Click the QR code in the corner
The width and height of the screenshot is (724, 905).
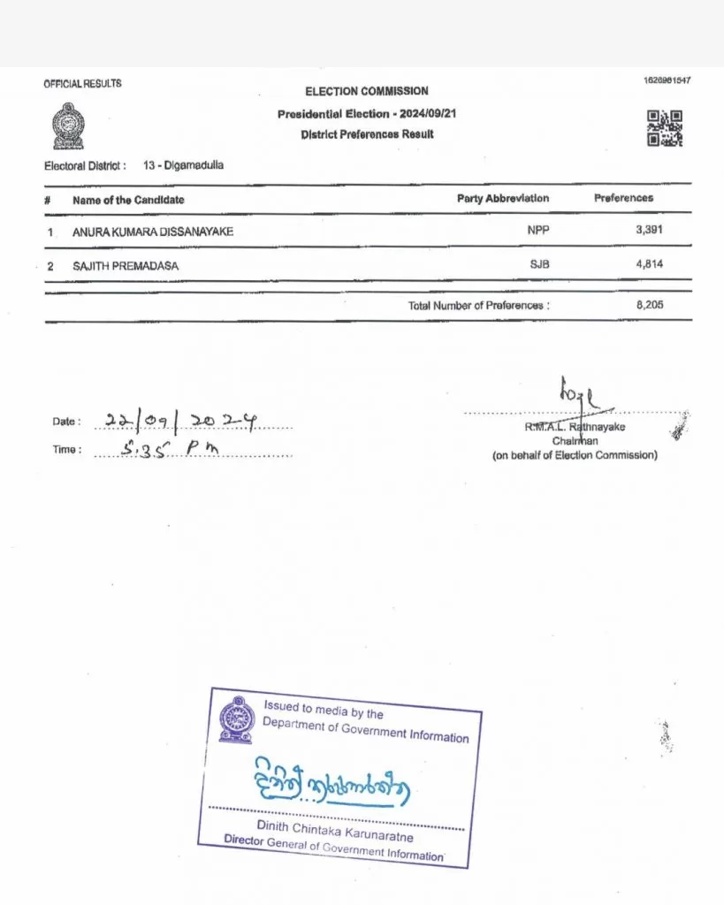pos(665,127)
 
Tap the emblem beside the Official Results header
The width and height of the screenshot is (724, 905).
pos(69,126)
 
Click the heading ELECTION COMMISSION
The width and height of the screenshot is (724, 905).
pos(366,91)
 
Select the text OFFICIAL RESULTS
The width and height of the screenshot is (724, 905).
pos(82,84)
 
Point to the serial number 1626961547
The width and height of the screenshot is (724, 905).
pos(667,80)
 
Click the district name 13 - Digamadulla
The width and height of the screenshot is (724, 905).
pos(183,165)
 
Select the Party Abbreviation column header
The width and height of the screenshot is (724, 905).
pos(502,199)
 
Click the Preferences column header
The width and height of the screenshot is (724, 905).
pos(623,199)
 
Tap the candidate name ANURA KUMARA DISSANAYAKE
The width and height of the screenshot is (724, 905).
pos(153,232)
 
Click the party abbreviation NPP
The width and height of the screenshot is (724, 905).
pos(537,231)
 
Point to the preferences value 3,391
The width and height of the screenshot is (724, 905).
pos(649,231)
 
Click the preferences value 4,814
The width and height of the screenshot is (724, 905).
pos(649,264)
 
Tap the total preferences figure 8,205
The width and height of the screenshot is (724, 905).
pos(649,306)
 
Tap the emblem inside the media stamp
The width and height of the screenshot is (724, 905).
pos(236,719)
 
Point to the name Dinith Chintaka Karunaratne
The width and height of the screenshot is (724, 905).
pos(334,835)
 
